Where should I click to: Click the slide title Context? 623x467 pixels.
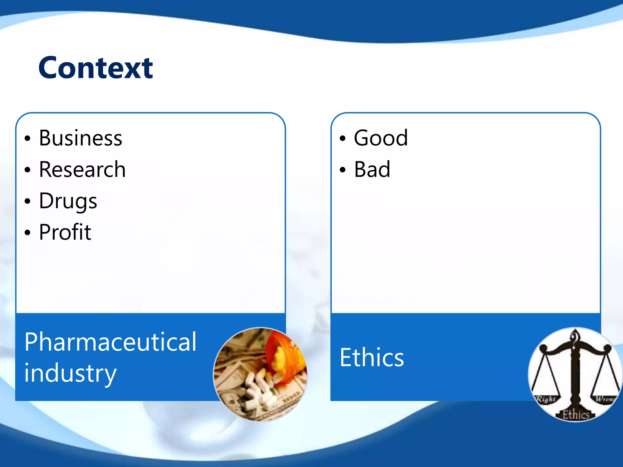[96, 68]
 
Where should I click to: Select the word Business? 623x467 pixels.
[81, 138]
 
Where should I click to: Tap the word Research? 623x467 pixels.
[82, 170]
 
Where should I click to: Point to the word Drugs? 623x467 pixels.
[68, 202]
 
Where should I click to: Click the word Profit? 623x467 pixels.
[65, 232]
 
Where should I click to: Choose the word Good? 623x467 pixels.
[381, 138]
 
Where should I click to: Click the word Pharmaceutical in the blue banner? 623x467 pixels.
[110, 342]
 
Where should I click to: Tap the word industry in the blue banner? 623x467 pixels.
[70, 373]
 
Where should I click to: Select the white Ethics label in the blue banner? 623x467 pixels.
[372, 358]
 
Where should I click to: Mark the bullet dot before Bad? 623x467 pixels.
[343, 170]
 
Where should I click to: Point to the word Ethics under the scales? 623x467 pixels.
[576, 415]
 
